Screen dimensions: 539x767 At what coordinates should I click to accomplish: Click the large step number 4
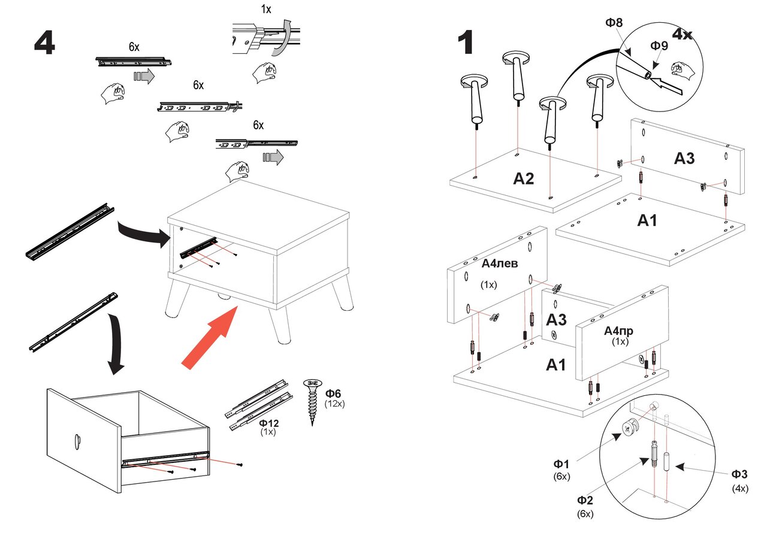tap(45, 43)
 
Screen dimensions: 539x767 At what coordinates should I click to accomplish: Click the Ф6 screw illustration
tap(313, 401)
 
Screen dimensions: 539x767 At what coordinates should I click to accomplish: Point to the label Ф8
tap(614, 23)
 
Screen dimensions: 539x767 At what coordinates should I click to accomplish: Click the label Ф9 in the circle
tap(659, 46)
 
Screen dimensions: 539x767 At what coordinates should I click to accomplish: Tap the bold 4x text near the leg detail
tap(682, 34)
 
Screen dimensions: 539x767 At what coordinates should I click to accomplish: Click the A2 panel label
tap(523, 178)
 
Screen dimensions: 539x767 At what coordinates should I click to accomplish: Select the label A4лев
tap(500, 264)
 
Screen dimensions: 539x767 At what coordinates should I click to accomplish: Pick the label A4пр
tap(619, 331)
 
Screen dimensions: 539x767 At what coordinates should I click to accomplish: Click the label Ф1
tap(561, 464)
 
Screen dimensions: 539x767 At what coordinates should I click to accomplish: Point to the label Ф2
tap(585, 500)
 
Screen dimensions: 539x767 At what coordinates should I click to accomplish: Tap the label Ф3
tap(739, 474)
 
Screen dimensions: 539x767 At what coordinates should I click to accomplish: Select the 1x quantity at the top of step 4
tap(266, 10)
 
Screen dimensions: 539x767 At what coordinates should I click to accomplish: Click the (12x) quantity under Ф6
tap(334, 404)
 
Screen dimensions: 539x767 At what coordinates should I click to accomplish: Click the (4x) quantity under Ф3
tap(740, 488)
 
